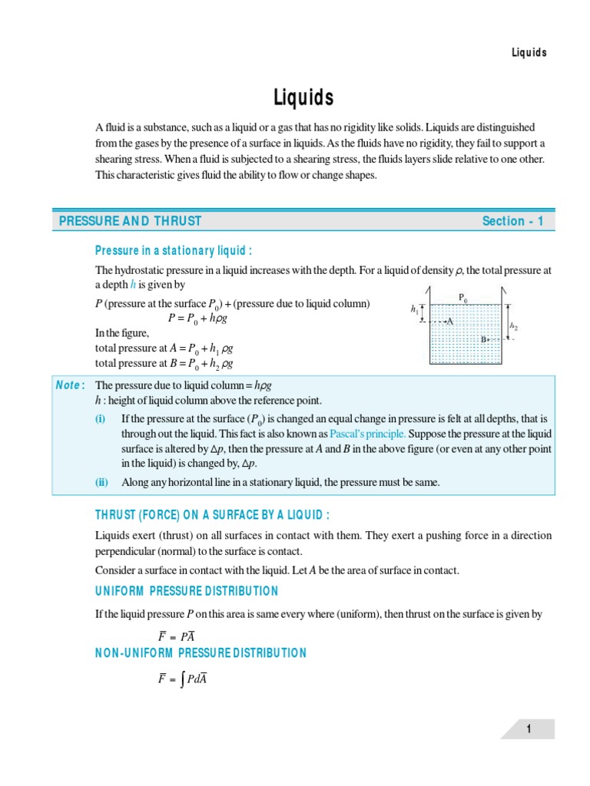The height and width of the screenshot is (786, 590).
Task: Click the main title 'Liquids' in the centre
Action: (x=303, y=97)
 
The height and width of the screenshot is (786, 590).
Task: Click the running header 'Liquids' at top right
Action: (x=529, y=52)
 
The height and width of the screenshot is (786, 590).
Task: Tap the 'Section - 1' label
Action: (x=512, y=221)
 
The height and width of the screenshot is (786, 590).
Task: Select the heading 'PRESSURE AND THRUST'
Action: (x=130, y=221)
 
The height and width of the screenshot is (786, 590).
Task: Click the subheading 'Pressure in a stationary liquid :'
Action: (x=174, y=250)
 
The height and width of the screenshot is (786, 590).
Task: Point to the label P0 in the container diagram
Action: (x=462, y=296)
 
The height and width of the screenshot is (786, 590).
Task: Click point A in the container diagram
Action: (x=450, y=322)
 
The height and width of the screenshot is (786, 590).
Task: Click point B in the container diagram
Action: (x=484, y=339)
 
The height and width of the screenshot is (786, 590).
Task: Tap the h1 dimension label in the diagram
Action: (x=416, y=309)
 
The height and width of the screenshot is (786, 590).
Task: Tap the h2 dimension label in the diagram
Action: (x=514, y=325)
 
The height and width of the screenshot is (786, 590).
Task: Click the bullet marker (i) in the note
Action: (x=100, y=418)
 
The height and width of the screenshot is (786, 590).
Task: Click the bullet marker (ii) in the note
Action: (x=101, y=482)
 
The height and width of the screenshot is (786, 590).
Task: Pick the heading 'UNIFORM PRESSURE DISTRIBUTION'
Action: (x=187, y=591)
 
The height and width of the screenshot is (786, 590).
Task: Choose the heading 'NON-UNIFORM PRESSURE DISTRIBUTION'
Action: (x=201, y=653)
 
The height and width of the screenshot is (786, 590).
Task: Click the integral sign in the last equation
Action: (x=181, y=680)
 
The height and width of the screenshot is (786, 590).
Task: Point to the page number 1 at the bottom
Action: (x=529, y=730)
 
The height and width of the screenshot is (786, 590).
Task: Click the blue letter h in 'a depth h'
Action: (x=132, y=285)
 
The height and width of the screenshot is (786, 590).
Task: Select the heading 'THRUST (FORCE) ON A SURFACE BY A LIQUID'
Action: (x=211, y=514)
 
